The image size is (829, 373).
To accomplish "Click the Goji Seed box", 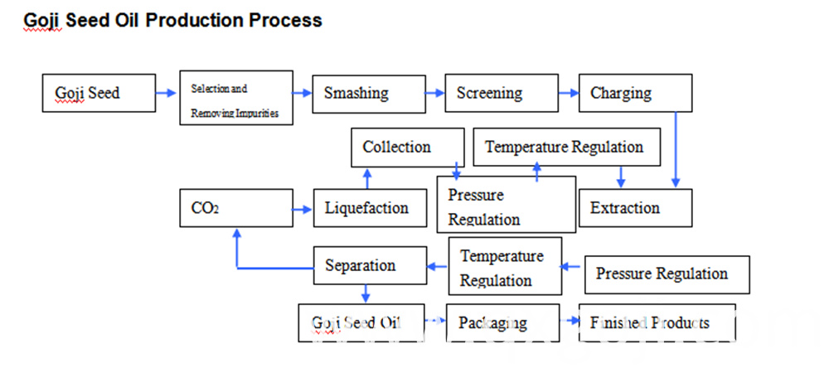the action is [x=99, y=93].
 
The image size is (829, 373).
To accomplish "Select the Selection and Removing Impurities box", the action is [x=236, y=98].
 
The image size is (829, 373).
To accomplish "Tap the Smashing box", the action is [x=369, y=94].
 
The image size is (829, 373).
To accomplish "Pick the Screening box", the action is [x=502, y=93].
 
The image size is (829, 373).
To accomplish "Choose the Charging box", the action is [x=636, y=93].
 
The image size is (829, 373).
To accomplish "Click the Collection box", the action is [x=408, y=148].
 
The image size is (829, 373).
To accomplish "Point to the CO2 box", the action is [x=236, y=208].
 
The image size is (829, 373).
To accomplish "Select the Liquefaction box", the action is [x=370, y=208].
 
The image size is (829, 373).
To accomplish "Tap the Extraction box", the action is [x=636, y=208].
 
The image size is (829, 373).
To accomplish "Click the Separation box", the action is [x=370, y=265].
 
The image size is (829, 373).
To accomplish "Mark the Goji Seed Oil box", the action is [x=361, y=322].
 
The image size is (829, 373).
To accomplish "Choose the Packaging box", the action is [x=503, y=322].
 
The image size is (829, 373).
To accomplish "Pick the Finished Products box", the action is [x=657, y=322].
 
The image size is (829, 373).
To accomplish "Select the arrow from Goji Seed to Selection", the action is [x=166, y=93].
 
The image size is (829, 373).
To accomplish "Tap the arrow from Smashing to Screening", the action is [x=435, y=93].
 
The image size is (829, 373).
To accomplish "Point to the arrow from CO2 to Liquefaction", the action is [x=303, y=210].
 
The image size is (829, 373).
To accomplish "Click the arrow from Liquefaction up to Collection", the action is [x=368, y=178].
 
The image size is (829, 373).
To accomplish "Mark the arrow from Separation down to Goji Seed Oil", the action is [x=366, y=293].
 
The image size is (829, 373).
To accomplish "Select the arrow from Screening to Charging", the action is [x=569, y=93].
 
